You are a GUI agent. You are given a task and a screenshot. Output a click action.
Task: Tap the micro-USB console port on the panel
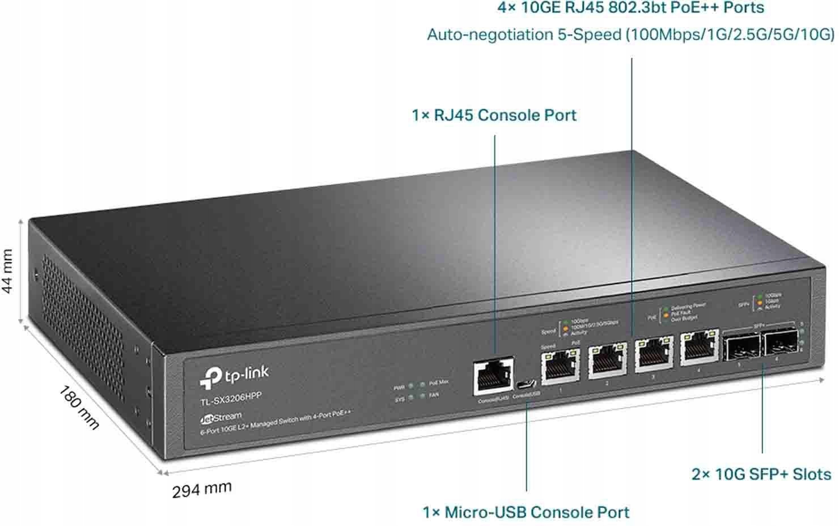click(527, 384)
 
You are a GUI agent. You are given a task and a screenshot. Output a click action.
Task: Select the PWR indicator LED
click(411, 387)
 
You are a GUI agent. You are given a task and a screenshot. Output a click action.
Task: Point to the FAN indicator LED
click(422, 396)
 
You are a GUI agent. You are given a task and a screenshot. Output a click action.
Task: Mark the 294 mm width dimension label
click(202, 489)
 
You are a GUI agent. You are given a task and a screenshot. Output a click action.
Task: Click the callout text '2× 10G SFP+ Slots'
click(761, 474)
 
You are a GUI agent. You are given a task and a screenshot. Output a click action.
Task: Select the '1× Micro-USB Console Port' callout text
click(526, 512)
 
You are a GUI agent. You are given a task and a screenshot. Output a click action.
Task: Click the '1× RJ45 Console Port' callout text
click(494, 115)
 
